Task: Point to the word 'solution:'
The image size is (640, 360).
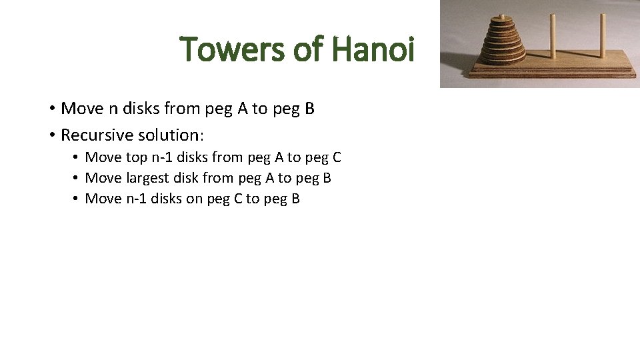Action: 171,135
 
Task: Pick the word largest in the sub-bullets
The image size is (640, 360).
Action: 147,178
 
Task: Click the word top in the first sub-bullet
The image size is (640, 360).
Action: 137,157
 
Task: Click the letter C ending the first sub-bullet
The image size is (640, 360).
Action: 336,157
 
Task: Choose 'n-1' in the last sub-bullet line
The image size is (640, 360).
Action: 136,199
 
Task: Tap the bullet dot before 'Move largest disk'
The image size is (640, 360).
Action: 77,178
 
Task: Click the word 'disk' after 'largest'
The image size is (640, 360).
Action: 187,178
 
